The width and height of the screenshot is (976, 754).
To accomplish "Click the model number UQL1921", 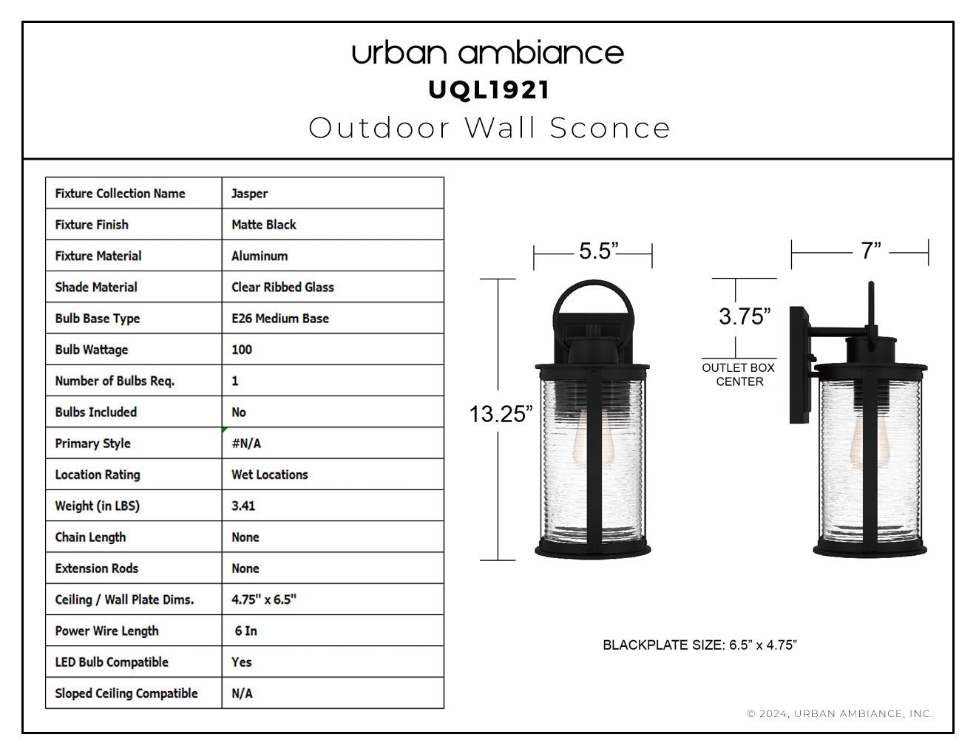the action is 489,90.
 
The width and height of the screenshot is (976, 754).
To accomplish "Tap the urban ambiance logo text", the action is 488,53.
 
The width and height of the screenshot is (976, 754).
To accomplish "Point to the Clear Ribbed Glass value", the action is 282,287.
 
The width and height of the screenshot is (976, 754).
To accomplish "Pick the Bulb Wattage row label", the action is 92,350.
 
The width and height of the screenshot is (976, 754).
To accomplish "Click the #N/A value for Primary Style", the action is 246,444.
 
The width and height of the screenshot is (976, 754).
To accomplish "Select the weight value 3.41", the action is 243,506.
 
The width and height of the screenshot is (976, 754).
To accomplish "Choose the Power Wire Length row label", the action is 107,631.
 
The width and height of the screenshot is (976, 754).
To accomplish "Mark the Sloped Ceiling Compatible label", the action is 126,693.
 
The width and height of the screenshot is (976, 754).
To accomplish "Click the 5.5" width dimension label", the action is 599,251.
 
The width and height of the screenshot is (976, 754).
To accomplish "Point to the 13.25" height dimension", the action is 501,414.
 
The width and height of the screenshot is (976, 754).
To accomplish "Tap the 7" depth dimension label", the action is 871,251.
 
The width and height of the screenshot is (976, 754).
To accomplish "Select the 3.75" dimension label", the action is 745,316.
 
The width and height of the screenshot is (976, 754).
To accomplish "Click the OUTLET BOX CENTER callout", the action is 739,375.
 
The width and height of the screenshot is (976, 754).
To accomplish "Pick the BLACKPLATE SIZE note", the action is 699,645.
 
